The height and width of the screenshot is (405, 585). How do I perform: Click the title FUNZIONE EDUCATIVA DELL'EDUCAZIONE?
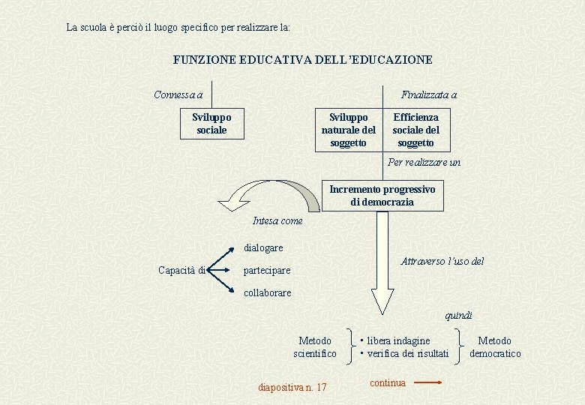click(x=302, y=59)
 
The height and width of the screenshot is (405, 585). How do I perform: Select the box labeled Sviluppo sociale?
click(x=211, y=124)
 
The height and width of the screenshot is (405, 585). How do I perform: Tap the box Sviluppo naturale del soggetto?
click(x=348, y=130)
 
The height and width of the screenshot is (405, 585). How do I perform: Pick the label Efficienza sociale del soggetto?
click(x=415, y=130)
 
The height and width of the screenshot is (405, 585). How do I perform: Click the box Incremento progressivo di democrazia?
click(x=382, y=196)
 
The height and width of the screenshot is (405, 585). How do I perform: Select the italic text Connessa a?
click(x=178, y=94)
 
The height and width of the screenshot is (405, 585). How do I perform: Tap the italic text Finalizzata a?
click(x=428, y=94)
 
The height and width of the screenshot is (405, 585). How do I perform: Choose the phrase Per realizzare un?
click(x=424, y=162)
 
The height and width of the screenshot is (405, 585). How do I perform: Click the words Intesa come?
click(x=277, y=220)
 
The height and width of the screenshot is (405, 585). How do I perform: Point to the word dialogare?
click(x=263, y=247)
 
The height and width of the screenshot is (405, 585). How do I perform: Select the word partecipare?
click(x=267, y=270)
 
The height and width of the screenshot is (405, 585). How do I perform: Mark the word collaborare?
click(x=268, y=292)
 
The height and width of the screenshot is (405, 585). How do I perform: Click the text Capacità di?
click(x=182, y=270)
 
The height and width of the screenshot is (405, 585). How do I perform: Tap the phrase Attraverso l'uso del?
click(x=442, y=261)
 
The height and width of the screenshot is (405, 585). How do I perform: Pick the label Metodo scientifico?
click(x=315, y=346)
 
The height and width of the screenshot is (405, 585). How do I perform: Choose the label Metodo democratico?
click(x=494, y=346)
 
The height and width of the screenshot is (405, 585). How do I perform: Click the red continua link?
click(x=388, y=382)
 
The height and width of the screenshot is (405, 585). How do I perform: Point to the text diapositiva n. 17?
click(x=292, y=387)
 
